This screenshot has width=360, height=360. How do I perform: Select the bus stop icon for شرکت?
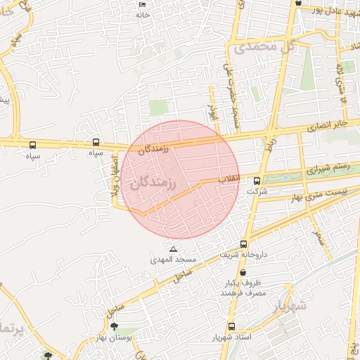[257, 180]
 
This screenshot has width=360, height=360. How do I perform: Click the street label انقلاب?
[229, 179]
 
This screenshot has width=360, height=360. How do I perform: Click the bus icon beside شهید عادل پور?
[299, 4]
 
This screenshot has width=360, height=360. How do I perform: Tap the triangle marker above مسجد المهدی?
[173, 249]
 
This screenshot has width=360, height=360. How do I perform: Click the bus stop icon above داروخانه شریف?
[243, 244]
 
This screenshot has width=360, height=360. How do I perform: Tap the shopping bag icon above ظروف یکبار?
[243, 272]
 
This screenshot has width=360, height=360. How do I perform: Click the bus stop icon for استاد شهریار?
[231, 326]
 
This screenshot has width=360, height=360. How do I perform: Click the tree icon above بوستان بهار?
[115, 327]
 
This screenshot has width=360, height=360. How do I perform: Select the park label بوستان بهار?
[115, 338]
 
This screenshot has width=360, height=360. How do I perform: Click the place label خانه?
[143, 15]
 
